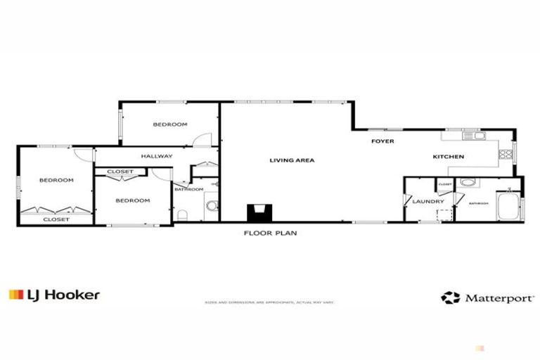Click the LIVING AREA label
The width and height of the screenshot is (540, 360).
click(292, 160)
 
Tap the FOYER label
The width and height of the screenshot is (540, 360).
click(382, 141)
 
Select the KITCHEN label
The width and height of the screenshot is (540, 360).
click(448, 156)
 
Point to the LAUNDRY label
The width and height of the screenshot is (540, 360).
click(427, 202)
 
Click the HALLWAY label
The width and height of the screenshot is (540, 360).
click(156, 156)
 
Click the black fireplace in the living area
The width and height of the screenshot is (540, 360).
click(257, 213)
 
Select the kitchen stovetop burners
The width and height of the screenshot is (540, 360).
click(505, 154)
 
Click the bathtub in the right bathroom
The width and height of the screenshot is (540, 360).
click(507, 207)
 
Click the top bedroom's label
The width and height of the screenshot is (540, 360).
click(170, 124)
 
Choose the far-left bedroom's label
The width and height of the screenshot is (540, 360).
click(56, 180)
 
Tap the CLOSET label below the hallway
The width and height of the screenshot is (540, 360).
click(120, 172)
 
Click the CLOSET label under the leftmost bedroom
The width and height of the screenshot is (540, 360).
click(56, 219)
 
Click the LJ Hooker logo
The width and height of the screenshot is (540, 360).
click(54, 295)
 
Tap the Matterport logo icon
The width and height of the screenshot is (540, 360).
click(450, 297)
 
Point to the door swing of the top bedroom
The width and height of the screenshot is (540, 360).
click(202, 139)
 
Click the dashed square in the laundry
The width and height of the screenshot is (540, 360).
click(444, 215)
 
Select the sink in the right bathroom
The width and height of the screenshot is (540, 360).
click(467, 184)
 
